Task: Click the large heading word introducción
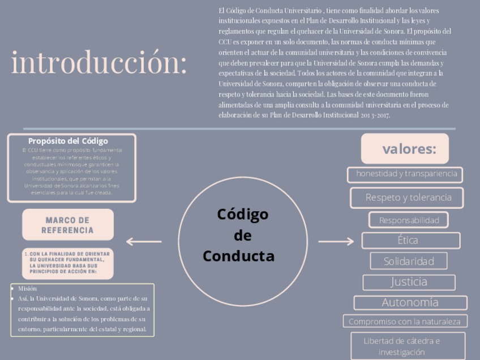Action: click(98, 63)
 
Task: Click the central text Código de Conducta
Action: click(238, 235)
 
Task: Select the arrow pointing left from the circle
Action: click(144, 242)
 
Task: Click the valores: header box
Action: click(405, 149)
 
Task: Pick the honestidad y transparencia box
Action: click(405, 174)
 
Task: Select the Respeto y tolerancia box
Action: click(407, 198)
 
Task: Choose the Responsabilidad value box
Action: click(409, 220)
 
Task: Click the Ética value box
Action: click(410, 240)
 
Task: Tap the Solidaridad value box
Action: click(409, 261)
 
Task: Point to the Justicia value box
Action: click(409, 282)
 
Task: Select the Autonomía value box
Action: click(410, 302)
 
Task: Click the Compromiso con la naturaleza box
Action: click(405, 322)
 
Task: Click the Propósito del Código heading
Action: click(68, 141)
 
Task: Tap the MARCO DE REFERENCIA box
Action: click(68, 225)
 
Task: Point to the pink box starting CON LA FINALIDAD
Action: click(68, 263)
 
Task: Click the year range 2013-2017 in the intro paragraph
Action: click(375, 115)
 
